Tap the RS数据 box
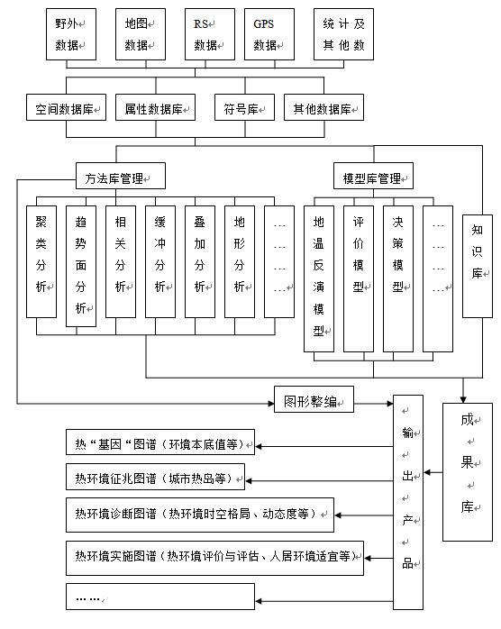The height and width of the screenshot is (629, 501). click(x=208, y=34)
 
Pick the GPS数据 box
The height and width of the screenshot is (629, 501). click(x=268, y=34)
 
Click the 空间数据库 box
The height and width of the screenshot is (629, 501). click(x=65, y=109)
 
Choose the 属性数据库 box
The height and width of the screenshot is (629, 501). click(x=154, y=109)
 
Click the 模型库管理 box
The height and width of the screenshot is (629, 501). click(x=373, y=176)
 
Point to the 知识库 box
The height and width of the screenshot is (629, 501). click(x=477, y=266)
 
